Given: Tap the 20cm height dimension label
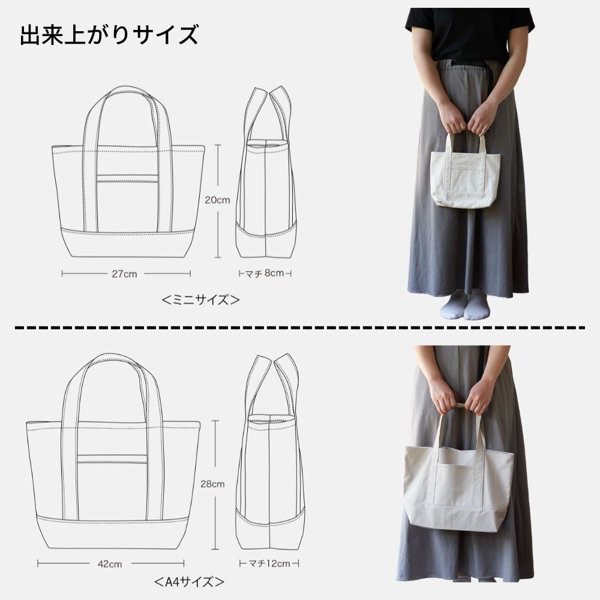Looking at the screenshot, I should click(x=218, y=200).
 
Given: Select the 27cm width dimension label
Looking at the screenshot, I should click(x=125, y=274).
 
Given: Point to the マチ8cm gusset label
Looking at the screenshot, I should click(x=265, y=274).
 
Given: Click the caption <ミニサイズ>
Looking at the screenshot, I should click(x=201, y=300).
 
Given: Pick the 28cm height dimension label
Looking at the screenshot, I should click(x=214, y=484).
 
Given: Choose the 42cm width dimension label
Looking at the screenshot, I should click(x=110, y=563).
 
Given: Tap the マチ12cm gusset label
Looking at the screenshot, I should click(x=269, y=563).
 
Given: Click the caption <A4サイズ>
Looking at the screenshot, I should click(x=190, y=582).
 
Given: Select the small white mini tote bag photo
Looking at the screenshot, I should click(x=466, y=178).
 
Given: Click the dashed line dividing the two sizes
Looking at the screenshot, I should click(x=300, y=328).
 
